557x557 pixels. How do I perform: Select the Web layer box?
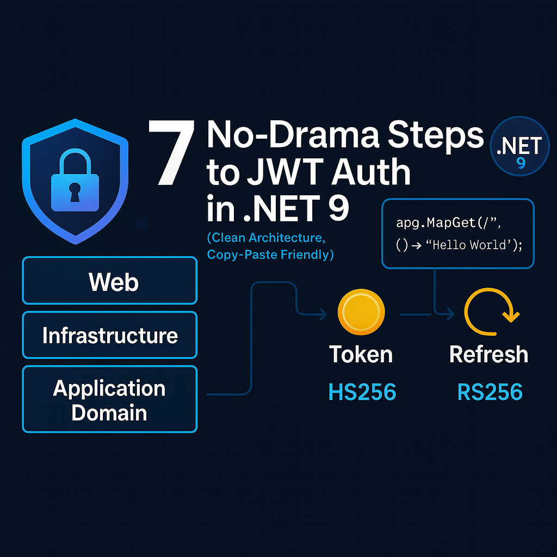point(109,281)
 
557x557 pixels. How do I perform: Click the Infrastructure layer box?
point(109,335)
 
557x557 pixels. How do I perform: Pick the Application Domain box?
point(109,400)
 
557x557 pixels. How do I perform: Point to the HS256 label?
point(362,392)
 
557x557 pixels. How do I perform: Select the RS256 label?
point(490,392)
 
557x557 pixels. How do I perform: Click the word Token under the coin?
point(361,355)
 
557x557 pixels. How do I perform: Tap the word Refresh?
point(488,355)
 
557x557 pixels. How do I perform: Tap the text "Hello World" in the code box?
point(469,245)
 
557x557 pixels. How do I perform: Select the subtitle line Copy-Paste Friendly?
point(270,254)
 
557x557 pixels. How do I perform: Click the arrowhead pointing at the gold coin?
point(323,313)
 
